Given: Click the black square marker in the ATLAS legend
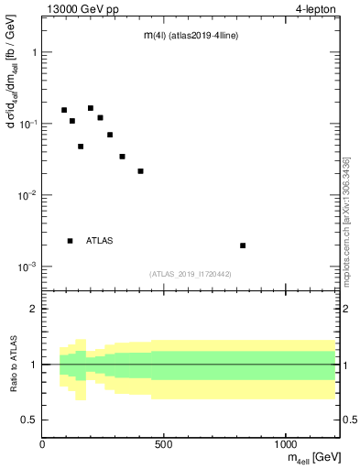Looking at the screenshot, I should point(70,241).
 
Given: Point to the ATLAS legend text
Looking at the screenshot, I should point(100,241).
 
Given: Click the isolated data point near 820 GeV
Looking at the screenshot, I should point(243,245).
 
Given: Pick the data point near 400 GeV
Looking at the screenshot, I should point(140,171).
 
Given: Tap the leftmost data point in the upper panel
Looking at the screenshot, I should point(64,110).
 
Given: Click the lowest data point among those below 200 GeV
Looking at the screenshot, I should point(81,147).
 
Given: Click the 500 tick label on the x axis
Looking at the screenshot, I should point(164,442).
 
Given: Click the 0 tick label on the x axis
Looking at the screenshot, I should point(42,442).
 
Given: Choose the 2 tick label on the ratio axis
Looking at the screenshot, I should point(33,309).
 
